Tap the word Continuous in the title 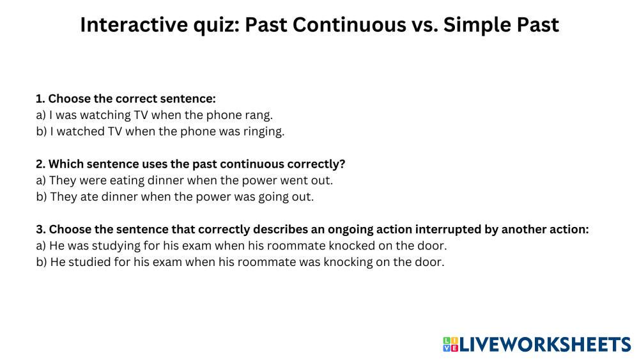pyautogui.click(x=350, y=25)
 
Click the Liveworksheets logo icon pyautogui.click(x=450, y=344)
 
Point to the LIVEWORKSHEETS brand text pyautogui.click(x=545, y=345)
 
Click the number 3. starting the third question pyautogui.click(x=41, y=230)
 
